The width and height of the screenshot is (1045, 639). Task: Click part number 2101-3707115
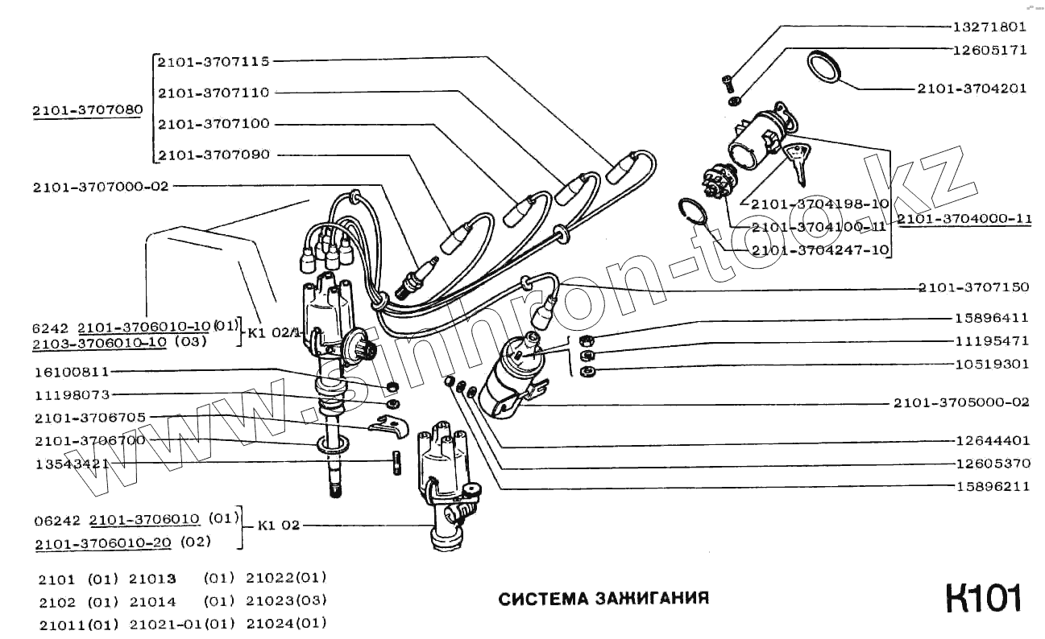pos(214,61)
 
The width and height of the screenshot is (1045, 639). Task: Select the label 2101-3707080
pos(88,110)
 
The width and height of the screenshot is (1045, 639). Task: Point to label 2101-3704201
pos(972,89)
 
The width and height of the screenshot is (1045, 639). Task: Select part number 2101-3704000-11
pos(964,218)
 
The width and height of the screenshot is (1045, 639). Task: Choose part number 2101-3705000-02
pos(961,402)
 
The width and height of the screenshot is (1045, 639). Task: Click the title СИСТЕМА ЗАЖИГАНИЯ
pos(603,599)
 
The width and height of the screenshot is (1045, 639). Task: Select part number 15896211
pos(992,487)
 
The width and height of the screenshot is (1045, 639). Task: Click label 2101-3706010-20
pos(103,542)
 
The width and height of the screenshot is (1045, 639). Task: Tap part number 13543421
pos(72,464)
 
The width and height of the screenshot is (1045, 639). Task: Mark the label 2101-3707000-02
pos(101,187)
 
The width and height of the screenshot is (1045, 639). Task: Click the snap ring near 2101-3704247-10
pos(693,212)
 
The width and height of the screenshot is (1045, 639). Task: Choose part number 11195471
pos(992,341)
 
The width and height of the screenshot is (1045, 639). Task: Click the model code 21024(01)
pos(286,623)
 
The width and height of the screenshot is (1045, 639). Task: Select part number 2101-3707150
pos(972,287)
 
